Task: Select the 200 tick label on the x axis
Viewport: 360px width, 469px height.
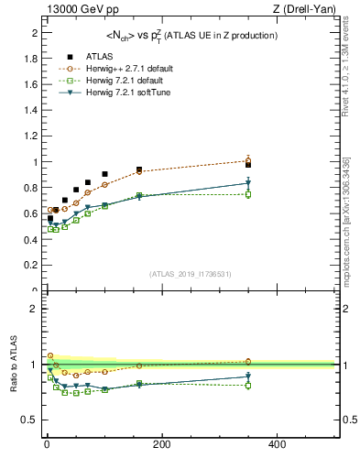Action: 161,444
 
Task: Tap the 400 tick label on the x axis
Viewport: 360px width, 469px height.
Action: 276,444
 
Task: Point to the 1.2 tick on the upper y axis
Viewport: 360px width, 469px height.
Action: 33,136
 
